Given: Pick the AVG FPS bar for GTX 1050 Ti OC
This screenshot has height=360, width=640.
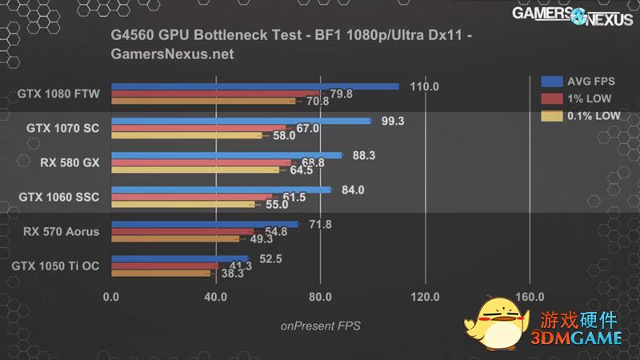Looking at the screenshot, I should pyautogui.click(x=180, y=258).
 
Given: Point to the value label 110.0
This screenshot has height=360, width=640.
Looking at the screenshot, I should pyautogui.click(x=424, y=86).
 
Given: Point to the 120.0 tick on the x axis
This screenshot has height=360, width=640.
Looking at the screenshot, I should pyautogui.click(x=425, y=297).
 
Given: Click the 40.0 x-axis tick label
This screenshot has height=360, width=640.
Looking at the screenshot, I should pyautogui.click(x=215, y=297).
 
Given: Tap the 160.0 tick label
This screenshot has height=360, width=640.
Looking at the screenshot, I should pyautogui.click(x=530, y=297).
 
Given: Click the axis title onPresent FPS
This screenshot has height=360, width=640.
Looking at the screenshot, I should pyautogui.click(x=320, y=326).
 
